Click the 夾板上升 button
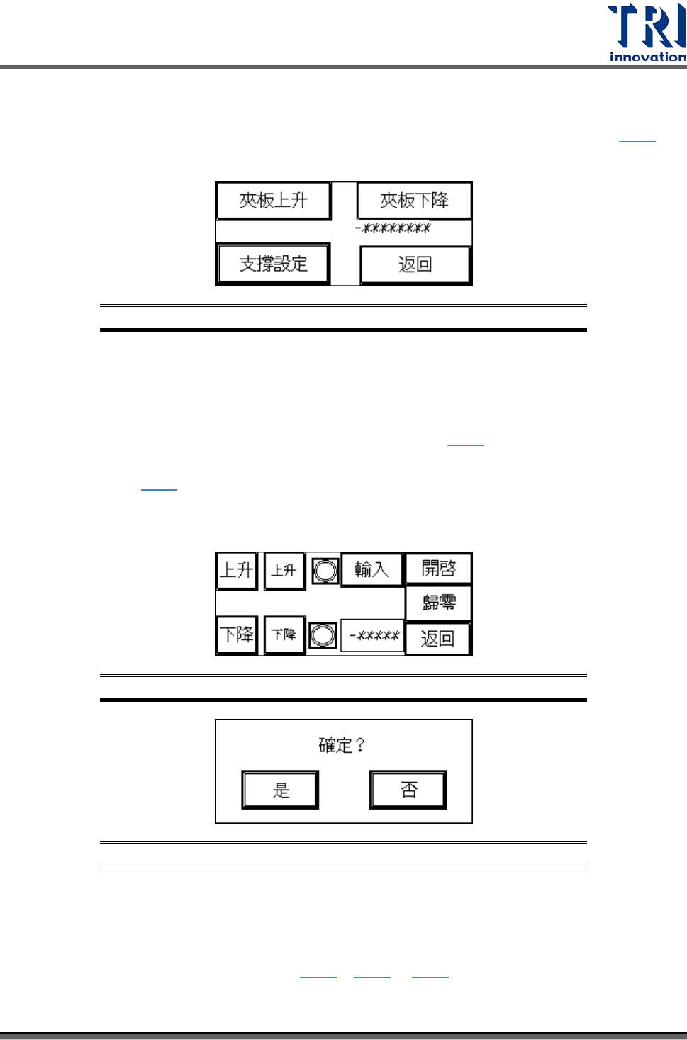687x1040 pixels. click(274, 201)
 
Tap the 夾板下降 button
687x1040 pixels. click(414, 201)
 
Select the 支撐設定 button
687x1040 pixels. click(274, 264)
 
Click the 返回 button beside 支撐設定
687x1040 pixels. click(415, 265)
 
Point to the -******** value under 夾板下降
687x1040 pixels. click(393, 228)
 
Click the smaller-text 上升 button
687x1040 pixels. click(284, 571)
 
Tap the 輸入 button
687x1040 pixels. click(372, 569)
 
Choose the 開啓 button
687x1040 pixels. click(438, 569)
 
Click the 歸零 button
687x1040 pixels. click(438, 603)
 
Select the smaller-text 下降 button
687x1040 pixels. click(284, 634)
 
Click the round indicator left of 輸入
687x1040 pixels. click(325, 571)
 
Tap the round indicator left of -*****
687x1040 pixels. click(323, 635)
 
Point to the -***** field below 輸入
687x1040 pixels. click(374, 635)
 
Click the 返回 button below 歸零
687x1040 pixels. click(437, 639)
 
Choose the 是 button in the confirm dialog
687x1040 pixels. click(281, 790)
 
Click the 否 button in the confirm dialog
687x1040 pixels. click(408, 789)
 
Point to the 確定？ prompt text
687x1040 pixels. click(342, 745)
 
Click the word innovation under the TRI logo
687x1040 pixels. click(647, 57)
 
